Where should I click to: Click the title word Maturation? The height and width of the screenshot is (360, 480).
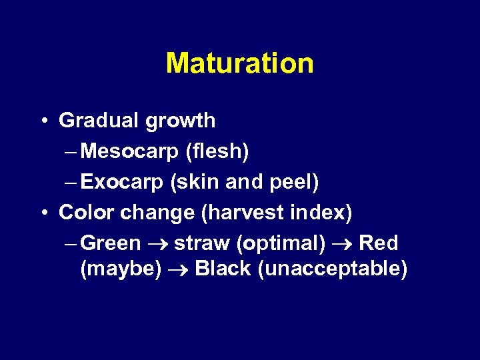click(x=239, y=63)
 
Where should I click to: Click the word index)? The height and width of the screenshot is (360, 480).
click(x=321, y=213)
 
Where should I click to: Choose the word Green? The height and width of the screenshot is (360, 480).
click(x=111, y=243)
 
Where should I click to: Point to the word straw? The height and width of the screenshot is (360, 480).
click(x=203, y=243)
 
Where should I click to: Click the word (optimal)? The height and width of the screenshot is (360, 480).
click(x=281, y=244)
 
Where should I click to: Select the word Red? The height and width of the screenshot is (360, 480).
click(x=379, y=243)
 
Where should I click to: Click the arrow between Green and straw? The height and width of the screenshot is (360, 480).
click(x=157, y=244)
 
